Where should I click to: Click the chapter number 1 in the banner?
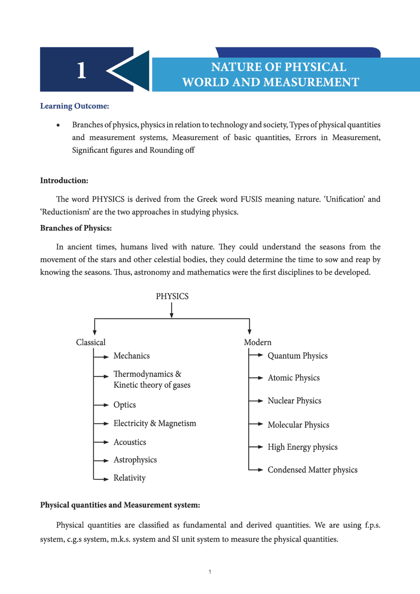click(82, 70)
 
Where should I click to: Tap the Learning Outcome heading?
click(74, 106)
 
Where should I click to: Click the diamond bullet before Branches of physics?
click(58, 125)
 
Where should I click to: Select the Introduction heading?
click(64, 180)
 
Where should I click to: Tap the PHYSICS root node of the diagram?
click(172, 296)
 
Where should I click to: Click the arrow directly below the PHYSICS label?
click(172, 310)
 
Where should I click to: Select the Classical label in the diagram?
click(91, 342)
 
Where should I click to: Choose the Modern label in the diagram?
click(258, 342)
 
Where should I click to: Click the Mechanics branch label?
click(131, 356)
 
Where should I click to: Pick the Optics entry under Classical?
click(124, 405)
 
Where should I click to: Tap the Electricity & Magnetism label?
click(155, 423)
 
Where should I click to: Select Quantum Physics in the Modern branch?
click(297, 356)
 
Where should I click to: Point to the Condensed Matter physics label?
click(312, 470)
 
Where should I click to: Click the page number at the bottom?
click(210, 572)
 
